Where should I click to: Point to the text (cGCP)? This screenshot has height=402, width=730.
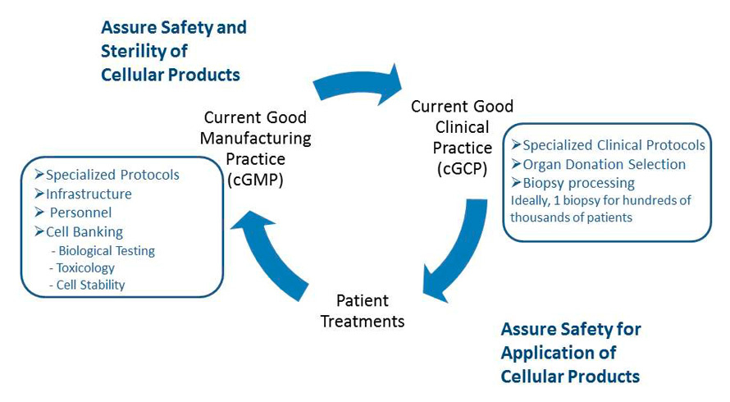(x=462, y=168)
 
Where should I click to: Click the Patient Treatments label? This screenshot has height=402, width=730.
(x=363, y=310)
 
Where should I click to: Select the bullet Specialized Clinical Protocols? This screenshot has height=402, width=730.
(x=614, y=145)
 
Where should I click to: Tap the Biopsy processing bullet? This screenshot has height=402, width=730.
(x=578, y=182)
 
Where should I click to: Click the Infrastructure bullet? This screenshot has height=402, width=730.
(x=89, y=194)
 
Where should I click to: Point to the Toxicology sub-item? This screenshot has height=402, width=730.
(x=86, y=268)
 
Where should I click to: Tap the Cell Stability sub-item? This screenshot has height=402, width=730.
(x=90, y=286)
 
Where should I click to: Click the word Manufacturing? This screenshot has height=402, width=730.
(x=255, y=138)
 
